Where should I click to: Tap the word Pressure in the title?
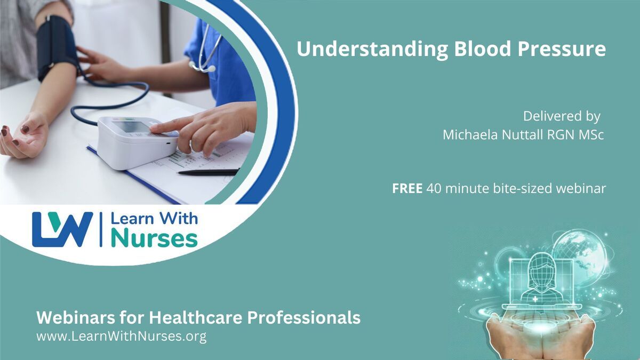pos(562,49)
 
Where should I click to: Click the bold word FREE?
pos(407,189)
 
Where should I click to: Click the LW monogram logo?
pos(62,229)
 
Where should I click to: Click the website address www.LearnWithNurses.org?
pos(122,337)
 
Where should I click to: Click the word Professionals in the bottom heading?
pos(303,317)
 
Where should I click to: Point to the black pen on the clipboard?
pos(209,172)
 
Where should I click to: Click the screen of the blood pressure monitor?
pos(131,126)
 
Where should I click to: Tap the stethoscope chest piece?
pos(211,69)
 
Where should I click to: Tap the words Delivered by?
pos(562,116)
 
